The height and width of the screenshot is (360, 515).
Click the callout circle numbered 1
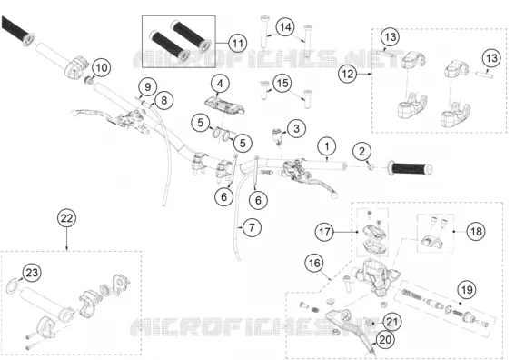[x=327, y=146]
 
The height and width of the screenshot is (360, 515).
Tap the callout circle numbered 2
[x=361, y=152]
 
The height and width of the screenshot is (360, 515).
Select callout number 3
[x=296, y=128]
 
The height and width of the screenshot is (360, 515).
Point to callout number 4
[x=220, y=84]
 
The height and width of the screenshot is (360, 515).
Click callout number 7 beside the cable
[x=252, y=227]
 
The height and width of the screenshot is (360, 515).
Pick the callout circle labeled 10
[x=102, y=67]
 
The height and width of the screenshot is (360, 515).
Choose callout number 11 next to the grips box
[x=237, y=44]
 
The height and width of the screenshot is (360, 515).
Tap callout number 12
[x=347, y=74]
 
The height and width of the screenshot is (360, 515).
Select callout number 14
[x=285, y=27]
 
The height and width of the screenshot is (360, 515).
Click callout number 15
[x=282, y=84]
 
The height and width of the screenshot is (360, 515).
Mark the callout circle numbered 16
[x=314, y=263]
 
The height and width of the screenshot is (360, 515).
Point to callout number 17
[x=324, y=232]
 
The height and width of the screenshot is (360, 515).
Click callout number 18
[x=476, y=232]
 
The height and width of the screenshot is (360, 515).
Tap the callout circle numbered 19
[x=467, y=290]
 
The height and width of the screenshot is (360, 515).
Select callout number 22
[x=66, y=218]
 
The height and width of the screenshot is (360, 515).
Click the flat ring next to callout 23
[x=13, y=285]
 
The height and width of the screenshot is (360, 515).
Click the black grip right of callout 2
[x=410, y=168]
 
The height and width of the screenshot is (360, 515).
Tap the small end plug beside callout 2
[x=371, y=167]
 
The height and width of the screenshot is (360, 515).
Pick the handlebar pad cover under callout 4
[x=225, y=105]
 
